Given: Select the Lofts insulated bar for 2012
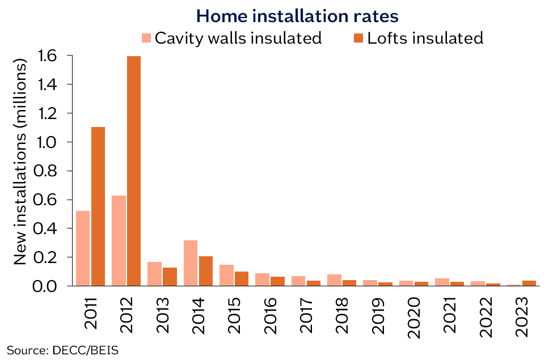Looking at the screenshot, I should point(134,171).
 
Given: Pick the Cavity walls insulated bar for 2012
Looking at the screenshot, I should point(119,240).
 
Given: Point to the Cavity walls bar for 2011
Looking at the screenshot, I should point(83,248).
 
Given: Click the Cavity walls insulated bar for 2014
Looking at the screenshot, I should point(191,263).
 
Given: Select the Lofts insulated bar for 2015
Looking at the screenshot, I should point(242,279).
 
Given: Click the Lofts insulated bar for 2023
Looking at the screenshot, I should point(529,283).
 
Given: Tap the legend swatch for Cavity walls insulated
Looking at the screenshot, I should point(146,39).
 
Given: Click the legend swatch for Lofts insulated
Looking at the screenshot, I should point(358,39).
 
